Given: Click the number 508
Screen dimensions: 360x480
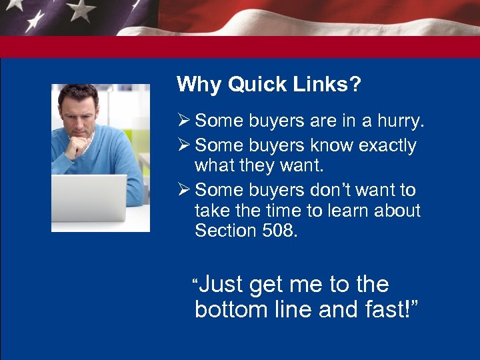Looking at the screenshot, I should point(275,231).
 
